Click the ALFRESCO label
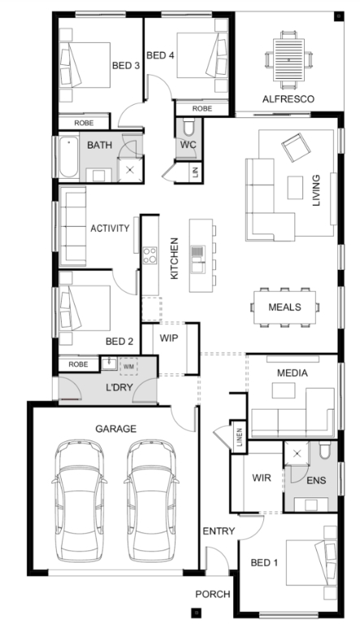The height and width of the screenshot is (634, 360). [288, 99]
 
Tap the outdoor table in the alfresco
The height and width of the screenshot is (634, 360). [288, 59]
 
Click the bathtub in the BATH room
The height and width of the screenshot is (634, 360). [69, 157]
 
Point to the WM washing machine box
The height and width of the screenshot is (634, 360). [128, 367]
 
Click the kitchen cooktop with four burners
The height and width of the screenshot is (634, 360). [150, 255]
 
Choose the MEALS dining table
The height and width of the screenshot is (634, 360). [285, 307]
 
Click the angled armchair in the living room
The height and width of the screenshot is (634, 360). [296, 147]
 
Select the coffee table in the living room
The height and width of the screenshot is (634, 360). [295, 188]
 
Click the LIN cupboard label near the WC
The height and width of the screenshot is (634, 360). [196, 172]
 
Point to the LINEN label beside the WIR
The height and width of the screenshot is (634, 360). [240, 437]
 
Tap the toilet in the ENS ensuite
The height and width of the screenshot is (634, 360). [325, 450]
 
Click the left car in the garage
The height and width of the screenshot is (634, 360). [79, 501]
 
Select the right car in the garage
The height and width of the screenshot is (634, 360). [151, 501]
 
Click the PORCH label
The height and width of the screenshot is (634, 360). [213, 594]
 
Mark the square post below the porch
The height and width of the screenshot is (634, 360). [196, 613]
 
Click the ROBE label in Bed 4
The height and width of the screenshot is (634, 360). [202, 109]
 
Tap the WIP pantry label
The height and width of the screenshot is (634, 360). [168, 338]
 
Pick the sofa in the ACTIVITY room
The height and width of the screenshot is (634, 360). [72, 227]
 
